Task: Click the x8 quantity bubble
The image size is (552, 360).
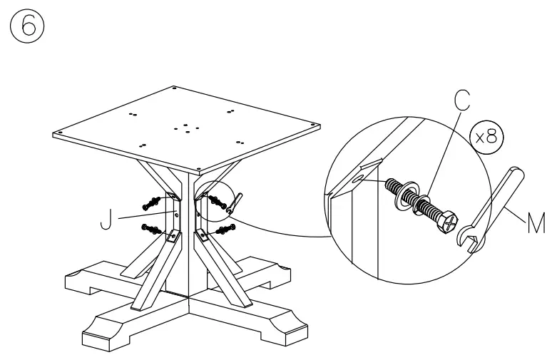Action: tap(488, 136)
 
